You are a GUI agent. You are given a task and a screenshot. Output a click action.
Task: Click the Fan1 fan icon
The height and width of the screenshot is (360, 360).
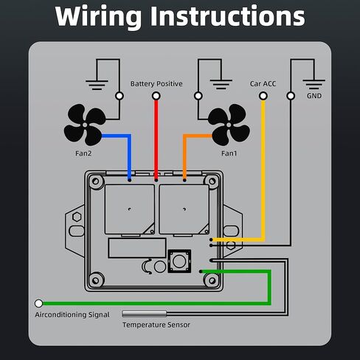coord(229,125)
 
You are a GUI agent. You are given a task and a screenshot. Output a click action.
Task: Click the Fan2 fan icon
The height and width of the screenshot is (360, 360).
coord(85,125)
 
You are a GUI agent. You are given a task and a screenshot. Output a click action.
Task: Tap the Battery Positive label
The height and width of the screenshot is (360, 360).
coord(156,84)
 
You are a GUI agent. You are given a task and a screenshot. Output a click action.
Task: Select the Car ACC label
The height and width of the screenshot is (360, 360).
coord(263,84)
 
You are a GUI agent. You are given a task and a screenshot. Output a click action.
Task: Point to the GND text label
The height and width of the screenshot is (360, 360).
coord(314,96)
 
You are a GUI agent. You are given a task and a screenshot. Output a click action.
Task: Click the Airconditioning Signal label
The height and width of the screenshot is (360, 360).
coord(72,315)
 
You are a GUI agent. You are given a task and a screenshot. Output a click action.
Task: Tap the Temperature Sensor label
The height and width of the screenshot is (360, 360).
coord(156,325)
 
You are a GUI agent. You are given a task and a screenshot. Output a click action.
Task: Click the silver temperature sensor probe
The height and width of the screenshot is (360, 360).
coord(145,314)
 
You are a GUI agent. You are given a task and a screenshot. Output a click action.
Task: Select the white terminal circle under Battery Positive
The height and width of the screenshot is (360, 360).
coord(156,96)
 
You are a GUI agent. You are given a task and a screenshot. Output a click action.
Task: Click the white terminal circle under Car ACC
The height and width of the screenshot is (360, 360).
coord(263,96)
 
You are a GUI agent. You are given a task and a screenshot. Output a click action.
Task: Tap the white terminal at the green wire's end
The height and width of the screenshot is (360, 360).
coord(38,304)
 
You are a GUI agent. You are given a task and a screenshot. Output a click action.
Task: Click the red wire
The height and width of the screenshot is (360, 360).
coord(156,140)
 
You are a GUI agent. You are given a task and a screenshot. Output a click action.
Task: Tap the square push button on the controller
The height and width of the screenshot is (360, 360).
coord(179,261)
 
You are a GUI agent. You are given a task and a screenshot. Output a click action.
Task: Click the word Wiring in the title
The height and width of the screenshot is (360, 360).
coord(98,17)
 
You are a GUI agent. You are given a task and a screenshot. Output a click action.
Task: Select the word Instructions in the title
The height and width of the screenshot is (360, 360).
coord(227,16)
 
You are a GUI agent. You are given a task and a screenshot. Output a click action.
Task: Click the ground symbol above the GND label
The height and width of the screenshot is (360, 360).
coord(314,84)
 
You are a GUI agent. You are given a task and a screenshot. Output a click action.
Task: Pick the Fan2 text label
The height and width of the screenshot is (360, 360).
coord(83,153)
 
